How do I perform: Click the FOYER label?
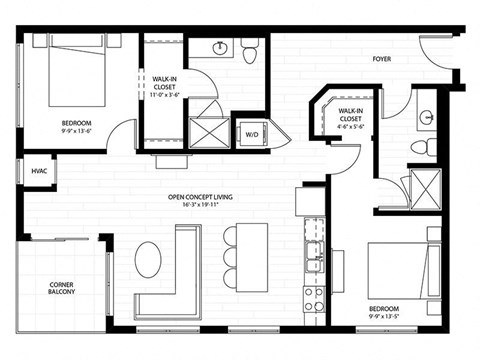[381, 59]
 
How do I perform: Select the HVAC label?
[39, 170]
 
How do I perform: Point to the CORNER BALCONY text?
[62, 290]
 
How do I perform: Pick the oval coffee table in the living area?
[148, 260]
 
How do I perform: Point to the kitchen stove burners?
[313, 297]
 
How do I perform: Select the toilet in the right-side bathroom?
[421, 148]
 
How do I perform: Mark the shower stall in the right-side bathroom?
[424, 186]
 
